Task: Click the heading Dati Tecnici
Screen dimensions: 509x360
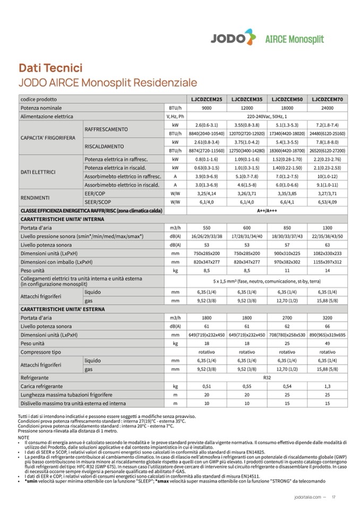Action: tap(50, 68)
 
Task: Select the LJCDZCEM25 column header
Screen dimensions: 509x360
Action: tap(207, 99)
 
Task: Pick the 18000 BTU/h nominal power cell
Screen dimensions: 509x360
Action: tap(287, 108)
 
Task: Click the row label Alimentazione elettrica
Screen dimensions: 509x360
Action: tap(47, 116)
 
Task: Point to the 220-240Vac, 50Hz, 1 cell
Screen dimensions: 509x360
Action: tap(267, 116)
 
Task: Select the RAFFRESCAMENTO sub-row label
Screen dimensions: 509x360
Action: tap(106, 129)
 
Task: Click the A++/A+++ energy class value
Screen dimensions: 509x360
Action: tap(267, 211)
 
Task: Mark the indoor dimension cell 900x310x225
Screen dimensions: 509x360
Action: tap(287, 253)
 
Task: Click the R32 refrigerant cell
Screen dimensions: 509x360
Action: tap(267, 378)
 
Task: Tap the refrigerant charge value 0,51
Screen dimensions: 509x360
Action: tap(207, 386)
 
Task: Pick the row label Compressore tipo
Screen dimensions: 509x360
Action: tap(41, 352)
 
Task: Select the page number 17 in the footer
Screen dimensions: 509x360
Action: tap(334, 497)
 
